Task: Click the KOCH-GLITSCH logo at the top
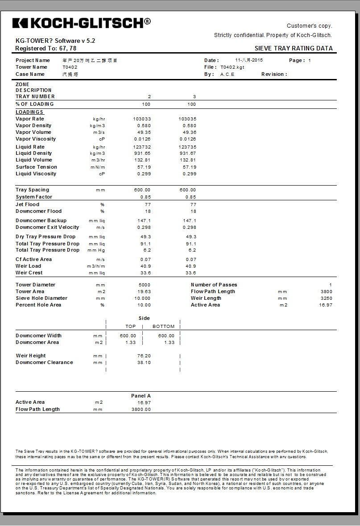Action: pyautogui.click(x=81, y=23)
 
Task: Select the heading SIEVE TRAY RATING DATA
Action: pyautogui.click(x=294, y=49)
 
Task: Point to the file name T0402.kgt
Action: pyautogui.click(x=232, y=67)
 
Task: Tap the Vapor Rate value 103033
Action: pyautogui.click(x=142, y=119)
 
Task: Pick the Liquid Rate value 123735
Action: pyautogui.click(x=187, y=147)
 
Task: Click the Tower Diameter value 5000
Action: pyautogui.click(x=145, y=285)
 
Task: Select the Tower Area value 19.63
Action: pyautogui.click(x=144, y=291)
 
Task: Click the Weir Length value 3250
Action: pyautogui.click(x=326, y=298)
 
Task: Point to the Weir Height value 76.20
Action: pyautogui.click(x=144, y=356)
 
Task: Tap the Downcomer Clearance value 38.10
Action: pyautogui.click(x=144, y=363)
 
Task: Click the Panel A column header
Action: pyautogui.click(x=141, y=396)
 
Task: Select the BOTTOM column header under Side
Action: pyautogui.click(x=163, y=327)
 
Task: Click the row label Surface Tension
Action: pyautogui.click(x=36, y=167)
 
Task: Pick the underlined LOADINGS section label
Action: pyautogui.click(x=29, y=112)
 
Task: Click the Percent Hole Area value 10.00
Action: pyautogui.click(x=144, y=305)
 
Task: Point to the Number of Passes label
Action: pyautogui.click(x=214, y=285)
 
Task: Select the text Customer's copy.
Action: pyautogui.click(x=309, y=26)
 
